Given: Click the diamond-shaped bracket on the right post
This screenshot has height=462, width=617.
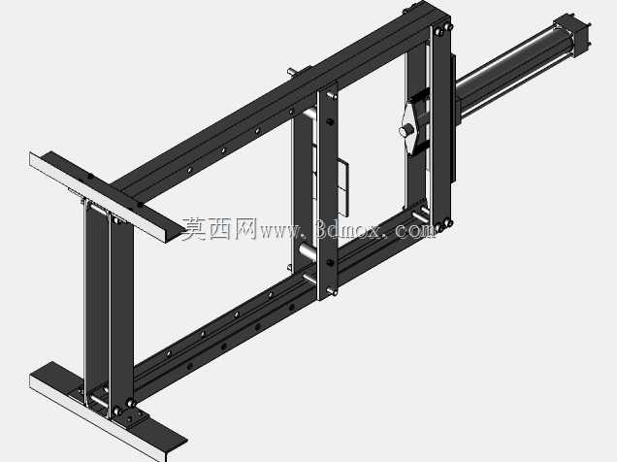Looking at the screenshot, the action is pyautogui.click(x=412, y=126).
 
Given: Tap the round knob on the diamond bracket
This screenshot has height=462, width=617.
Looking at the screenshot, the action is pyautogui.click(x=405, y=131).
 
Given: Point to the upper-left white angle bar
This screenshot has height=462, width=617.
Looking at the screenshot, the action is pyautogui.click(x=107, y=195).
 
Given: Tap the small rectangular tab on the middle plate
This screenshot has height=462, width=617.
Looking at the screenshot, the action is pyautogui.click(x=343, y=188).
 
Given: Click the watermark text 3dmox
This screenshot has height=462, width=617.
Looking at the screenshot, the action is pyautogui.click(x=348, y=229).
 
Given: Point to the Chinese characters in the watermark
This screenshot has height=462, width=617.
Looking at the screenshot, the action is pyautogui.click(x=219, y=229).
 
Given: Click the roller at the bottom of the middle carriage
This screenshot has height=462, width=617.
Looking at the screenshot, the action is pyautogui.click(x=308, y=250).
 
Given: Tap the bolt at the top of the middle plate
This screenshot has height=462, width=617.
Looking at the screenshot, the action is pyautogui.click(x=333, y=95).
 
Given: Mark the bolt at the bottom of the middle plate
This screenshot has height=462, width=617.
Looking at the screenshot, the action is pyautogui.click(x=333, y=291).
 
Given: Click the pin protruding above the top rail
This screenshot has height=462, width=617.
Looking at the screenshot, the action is pyautogui.click(x=292, y=72).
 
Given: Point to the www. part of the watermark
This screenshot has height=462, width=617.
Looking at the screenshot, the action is pyautogui.click(x=281, y=231).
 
